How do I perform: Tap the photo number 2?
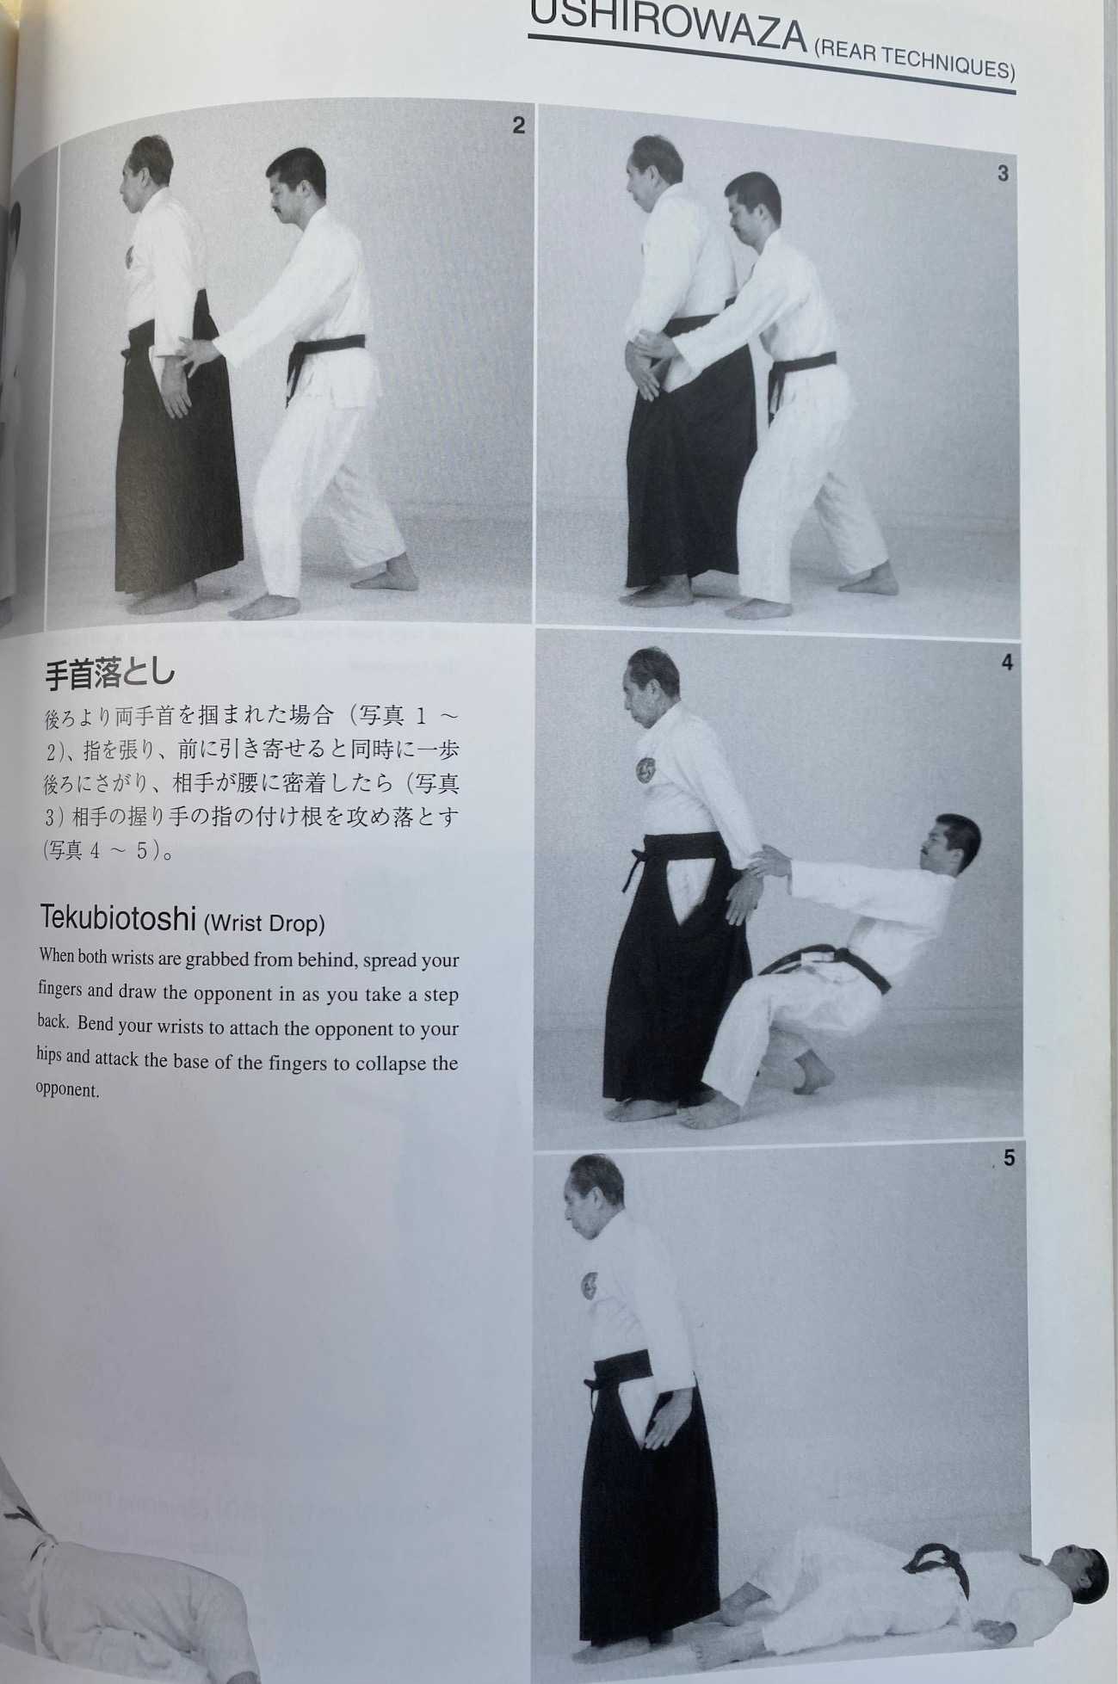[518, 126]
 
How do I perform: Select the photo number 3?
[1003, 173]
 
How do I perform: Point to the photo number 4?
[1007, 663]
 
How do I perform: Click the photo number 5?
[1009, 1158]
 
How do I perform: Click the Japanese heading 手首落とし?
[109, 674]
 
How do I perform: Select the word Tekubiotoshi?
[118, 919]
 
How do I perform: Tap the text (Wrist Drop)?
[264, 924]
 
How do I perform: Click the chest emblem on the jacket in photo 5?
[591, 1286]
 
